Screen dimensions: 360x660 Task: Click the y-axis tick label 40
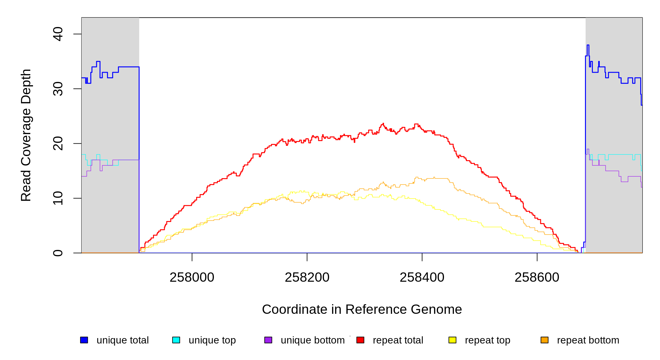(58, 34)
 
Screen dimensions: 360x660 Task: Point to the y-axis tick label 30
(58, 89)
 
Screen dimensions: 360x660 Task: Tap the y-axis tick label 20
(58, 143)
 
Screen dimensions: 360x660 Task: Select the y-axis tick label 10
(58, 198)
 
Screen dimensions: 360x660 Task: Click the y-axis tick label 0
(58, 253)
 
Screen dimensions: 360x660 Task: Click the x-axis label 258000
(192, 277)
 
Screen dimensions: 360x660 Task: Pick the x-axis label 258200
(307, 277)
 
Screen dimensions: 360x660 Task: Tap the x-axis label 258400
(422, 277)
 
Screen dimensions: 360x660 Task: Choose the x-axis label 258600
(537, 277)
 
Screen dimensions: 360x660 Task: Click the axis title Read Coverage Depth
(26, 135)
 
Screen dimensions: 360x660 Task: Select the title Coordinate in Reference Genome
(362, 310)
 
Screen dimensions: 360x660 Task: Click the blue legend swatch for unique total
(84, 340)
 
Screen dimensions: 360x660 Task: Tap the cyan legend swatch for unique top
(176, 340)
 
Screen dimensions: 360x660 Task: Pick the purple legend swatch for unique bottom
(268, 340)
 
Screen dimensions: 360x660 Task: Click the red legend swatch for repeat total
(360, 340)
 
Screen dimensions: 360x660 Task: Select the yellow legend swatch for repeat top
(452, 340)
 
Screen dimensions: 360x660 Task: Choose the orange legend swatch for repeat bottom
(544, 340)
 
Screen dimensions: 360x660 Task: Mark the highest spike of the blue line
(588, 45)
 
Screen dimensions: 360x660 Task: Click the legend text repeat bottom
(588, 340)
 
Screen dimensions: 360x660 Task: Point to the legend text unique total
(122, 340)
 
